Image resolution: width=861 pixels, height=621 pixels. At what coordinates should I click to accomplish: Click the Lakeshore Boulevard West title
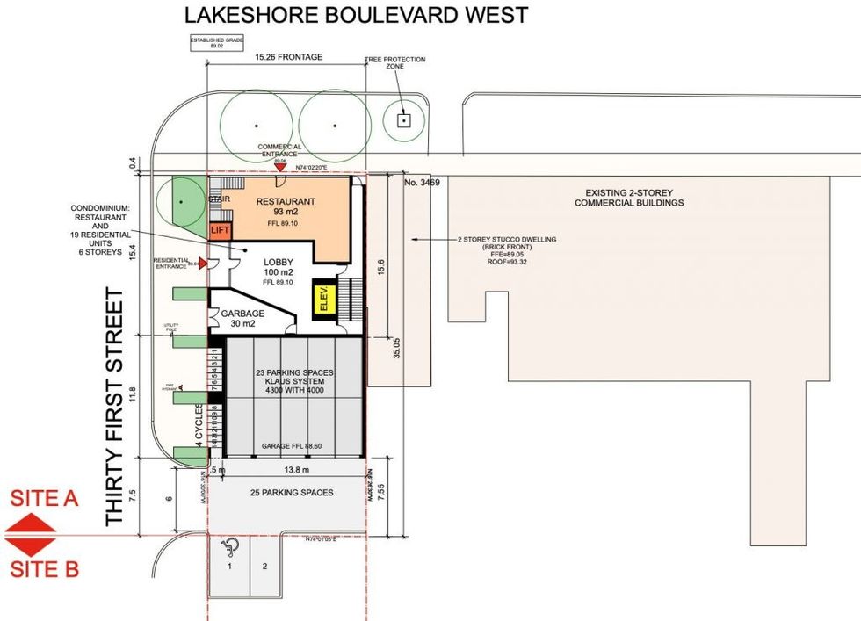[356, 15]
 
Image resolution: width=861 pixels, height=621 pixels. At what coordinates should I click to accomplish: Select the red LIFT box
[219, 229]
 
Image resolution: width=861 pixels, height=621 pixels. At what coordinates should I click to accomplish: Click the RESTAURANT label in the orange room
[286, 202]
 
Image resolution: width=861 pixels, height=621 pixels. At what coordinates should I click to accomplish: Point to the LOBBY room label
[279, 263]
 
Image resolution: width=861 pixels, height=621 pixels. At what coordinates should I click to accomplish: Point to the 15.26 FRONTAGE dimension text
[288, 57]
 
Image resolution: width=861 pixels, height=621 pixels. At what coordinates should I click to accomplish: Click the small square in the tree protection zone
[403, 120]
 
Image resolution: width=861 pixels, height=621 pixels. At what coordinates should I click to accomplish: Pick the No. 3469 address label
[423, 184]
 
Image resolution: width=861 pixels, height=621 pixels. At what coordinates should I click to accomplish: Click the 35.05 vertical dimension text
[397, 350]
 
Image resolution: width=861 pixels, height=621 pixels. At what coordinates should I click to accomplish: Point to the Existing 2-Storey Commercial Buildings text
[627, 198]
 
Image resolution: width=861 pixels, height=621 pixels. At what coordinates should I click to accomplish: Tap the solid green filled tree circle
[180, 201]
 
